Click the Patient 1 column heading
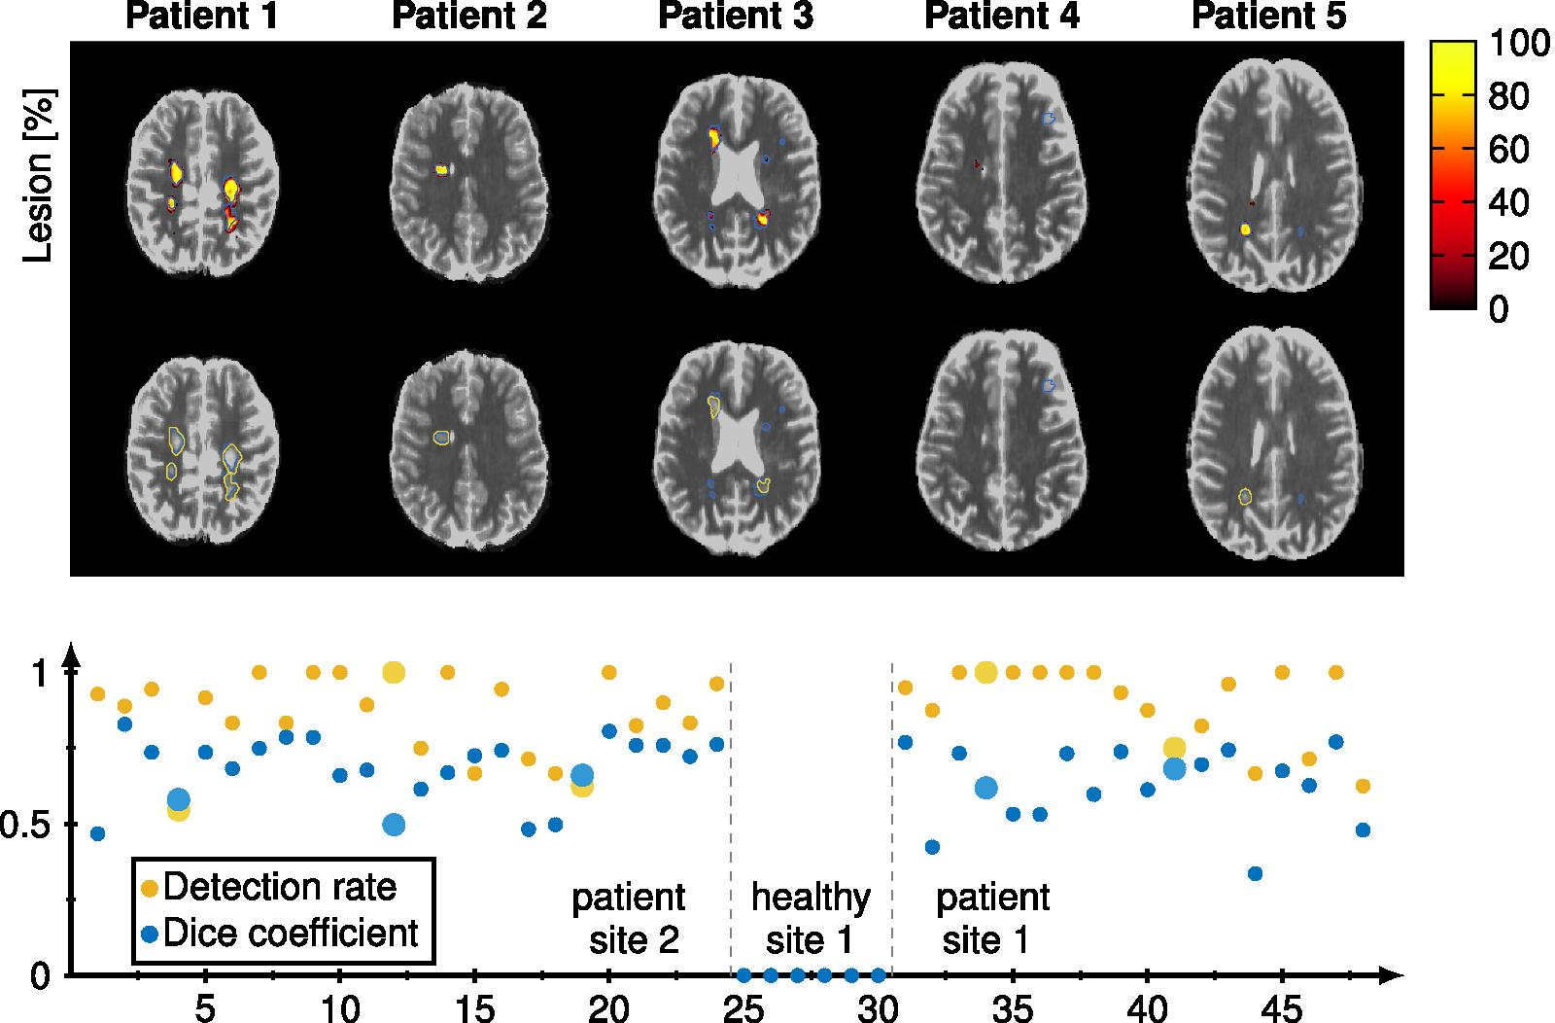click(x=201, y=18)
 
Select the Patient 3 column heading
click(x=736, y=18)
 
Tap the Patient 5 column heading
click(x=1268, y=18)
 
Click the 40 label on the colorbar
click(x=1508, y=203)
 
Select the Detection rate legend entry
click(x=280, y=887)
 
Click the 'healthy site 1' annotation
click(x=811, y=919)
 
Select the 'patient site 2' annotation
click(x=629, y=919)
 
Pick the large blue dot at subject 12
click(x=394, y=825)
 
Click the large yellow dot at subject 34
click(x=985, y=672)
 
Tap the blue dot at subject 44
click(x=1255, y=873)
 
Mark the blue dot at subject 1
click(x=97, y=833)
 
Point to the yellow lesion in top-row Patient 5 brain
click(x=1245, y=229)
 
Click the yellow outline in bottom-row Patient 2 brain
click(x=441, y=438)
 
